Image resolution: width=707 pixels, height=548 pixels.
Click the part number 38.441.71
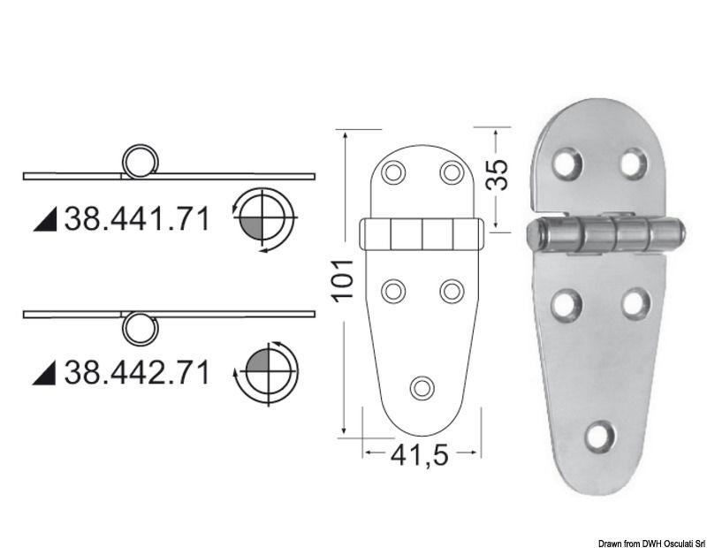pos(137,217)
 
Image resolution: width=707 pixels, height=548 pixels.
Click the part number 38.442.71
pos(137,371)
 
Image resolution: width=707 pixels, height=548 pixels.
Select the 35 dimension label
pos(498,175)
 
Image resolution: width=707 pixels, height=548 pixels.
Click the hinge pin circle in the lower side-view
pos(137,328)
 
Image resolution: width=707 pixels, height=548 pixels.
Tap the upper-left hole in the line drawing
pos(393,171)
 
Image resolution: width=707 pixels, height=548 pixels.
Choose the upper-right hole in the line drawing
pos(452,171)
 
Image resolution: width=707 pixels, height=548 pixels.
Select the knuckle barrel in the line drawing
pos(422,235)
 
